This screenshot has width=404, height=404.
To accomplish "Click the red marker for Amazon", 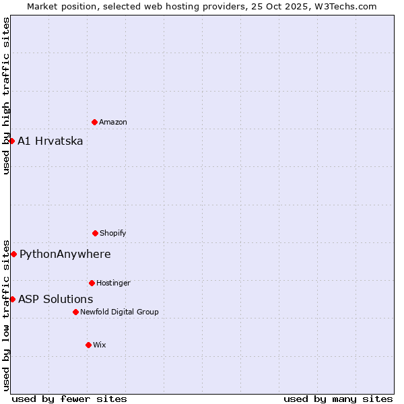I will [94, 122].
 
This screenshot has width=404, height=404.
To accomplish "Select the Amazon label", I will [113, 122].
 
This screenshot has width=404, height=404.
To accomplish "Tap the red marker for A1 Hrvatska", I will [11, 141].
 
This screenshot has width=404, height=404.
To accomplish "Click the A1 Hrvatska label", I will [50, 141].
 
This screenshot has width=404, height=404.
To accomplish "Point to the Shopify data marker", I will [95, 233].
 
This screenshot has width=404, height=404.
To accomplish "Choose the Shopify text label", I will [113, 233].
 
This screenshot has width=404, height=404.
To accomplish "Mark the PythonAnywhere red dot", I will [13, 254].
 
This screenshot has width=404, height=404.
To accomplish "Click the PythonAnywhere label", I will [65, 254].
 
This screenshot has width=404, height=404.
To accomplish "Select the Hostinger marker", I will [92, 283].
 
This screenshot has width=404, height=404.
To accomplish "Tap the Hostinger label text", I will [113, 283].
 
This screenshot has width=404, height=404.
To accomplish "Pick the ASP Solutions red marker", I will [12, 299].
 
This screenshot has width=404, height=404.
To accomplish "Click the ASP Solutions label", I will [56, 299].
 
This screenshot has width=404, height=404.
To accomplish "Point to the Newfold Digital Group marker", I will [75, 312].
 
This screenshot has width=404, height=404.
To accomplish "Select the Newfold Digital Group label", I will [119, 312].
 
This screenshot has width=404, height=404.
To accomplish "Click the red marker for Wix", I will [88, 345].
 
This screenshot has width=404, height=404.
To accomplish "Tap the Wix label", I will [100, 345].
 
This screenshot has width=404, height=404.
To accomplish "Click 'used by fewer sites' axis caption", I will [69, 399].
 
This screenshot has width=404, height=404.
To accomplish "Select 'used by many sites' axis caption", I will [338, 399].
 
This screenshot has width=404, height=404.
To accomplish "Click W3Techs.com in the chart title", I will [343, 6].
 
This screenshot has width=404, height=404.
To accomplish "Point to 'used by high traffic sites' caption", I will [6, 96].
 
